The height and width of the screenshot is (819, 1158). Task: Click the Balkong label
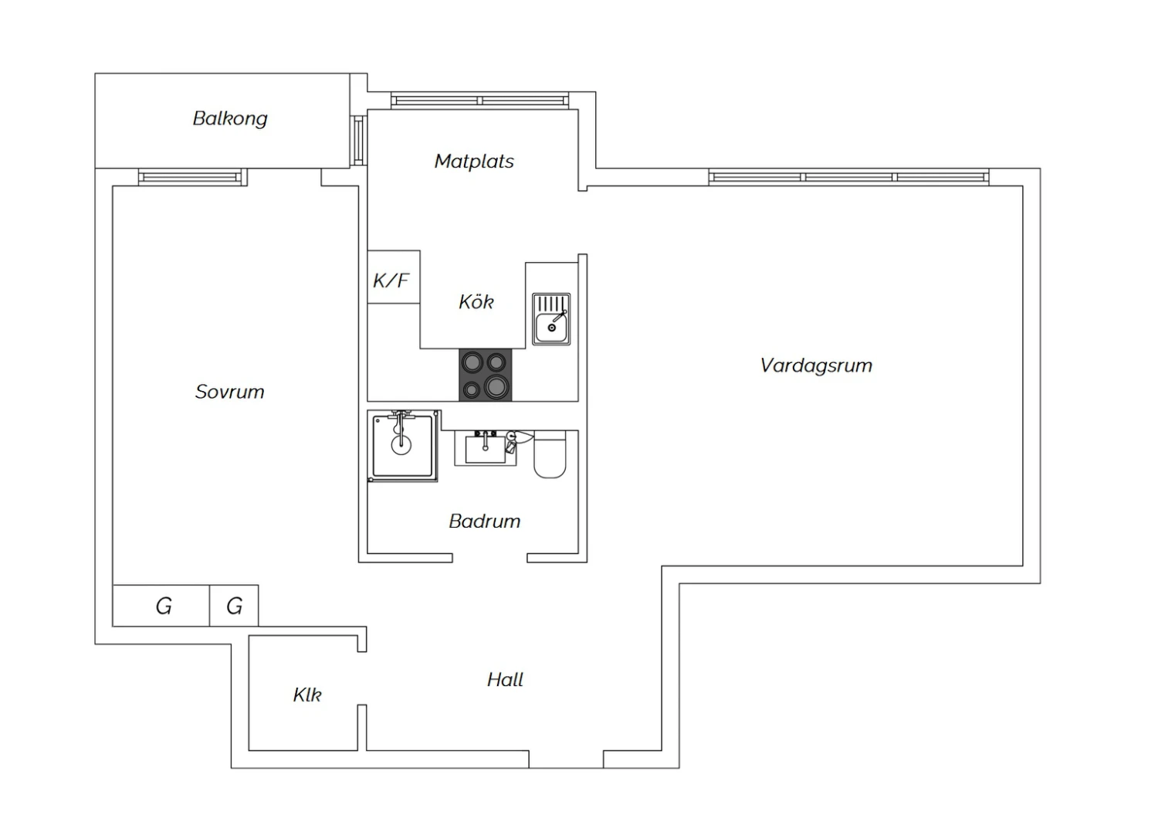(230, 119)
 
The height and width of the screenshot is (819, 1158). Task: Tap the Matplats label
(474, 161)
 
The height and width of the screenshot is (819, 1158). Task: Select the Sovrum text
(229, 392)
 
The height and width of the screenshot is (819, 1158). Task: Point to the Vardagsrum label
(816, 365)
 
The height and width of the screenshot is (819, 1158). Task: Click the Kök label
(476, 301)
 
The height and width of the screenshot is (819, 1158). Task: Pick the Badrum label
(484, 521)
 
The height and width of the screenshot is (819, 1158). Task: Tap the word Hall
(505, 679)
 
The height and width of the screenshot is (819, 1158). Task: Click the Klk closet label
(307, 695)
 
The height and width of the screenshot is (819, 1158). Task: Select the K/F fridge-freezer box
(394, 277)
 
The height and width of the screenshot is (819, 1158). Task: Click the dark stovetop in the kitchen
(486, 375)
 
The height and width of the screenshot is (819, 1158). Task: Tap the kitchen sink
(552, 319)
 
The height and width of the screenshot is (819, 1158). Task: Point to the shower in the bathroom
(403, 446)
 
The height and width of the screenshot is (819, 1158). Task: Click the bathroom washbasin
(486, 448)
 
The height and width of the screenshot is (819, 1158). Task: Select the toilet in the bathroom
(550, 454)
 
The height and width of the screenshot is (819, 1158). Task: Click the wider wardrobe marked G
(161, 606)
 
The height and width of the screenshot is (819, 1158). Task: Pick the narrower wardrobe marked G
(234, 606)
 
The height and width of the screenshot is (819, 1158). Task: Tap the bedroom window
(193, 178)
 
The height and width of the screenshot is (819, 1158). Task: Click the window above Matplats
(479, 101)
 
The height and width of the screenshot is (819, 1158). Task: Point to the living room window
(849, 177)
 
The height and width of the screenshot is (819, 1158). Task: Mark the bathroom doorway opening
(490, 558)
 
